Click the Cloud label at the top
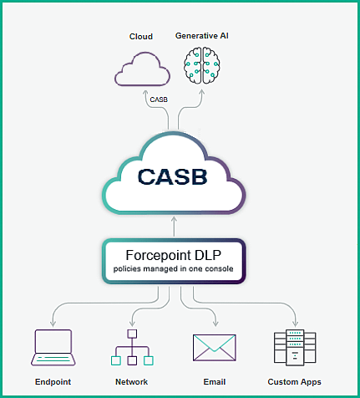point(141,37)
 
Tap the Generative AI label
point(202,36)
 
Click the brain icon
point(202,65)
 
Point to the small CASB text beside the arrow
point(159,99)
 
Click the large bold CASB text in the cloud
point(173,176)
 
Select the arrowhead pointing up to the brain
point(202,93)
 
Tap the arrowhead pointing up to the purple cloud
point(145,94)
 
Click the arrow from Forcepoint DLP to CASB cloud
point(175,227)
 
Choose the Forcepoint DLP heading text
point(174,255)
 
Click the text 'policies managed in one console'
point(173,269)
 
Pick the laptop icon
point(53,348)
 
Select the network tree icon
point(132,348)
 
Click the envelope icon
point(215,348)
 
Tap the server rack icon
point(295,347)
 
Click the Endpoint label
point(53,382)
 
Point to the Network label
point(131,382)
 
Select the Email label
point(215,382)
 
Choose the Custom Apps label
point(294,382)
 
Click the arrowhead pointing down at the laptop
point(53,324)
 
